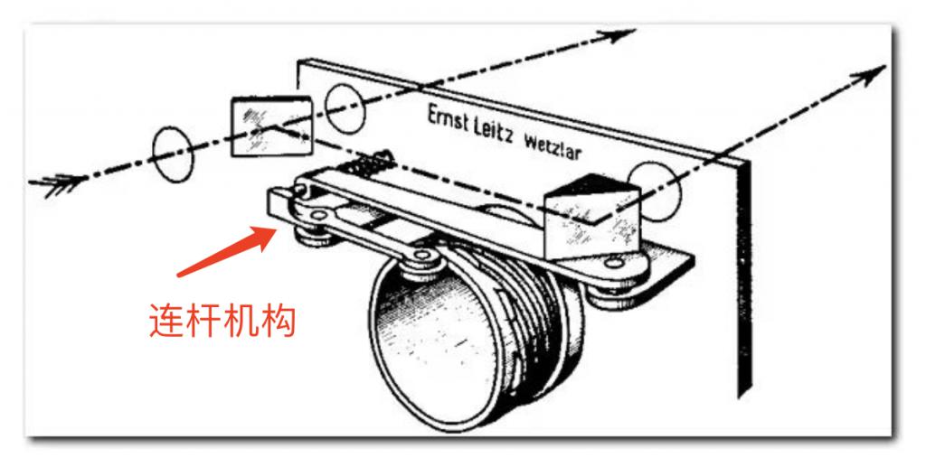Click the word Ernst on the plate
tap(449, 120)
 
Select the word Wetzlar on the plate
tap(553, 146)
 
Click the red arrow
tap(228, 251)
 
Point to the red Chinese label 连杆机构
tap(222, 320)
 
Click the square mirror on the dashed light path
tap(271, 126)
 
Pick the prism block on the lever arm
tap(592, 218)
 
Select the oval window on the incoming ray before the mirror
tap(173, 154)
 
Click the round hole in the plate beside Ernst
tap(345, 107)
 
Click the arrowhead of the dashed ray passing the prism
tap(867, 75)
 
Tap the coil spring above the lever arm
tap(370, 162)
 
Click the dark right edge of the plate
tap(744, 277)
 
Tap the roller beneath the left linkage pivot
tap(314, 236)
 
